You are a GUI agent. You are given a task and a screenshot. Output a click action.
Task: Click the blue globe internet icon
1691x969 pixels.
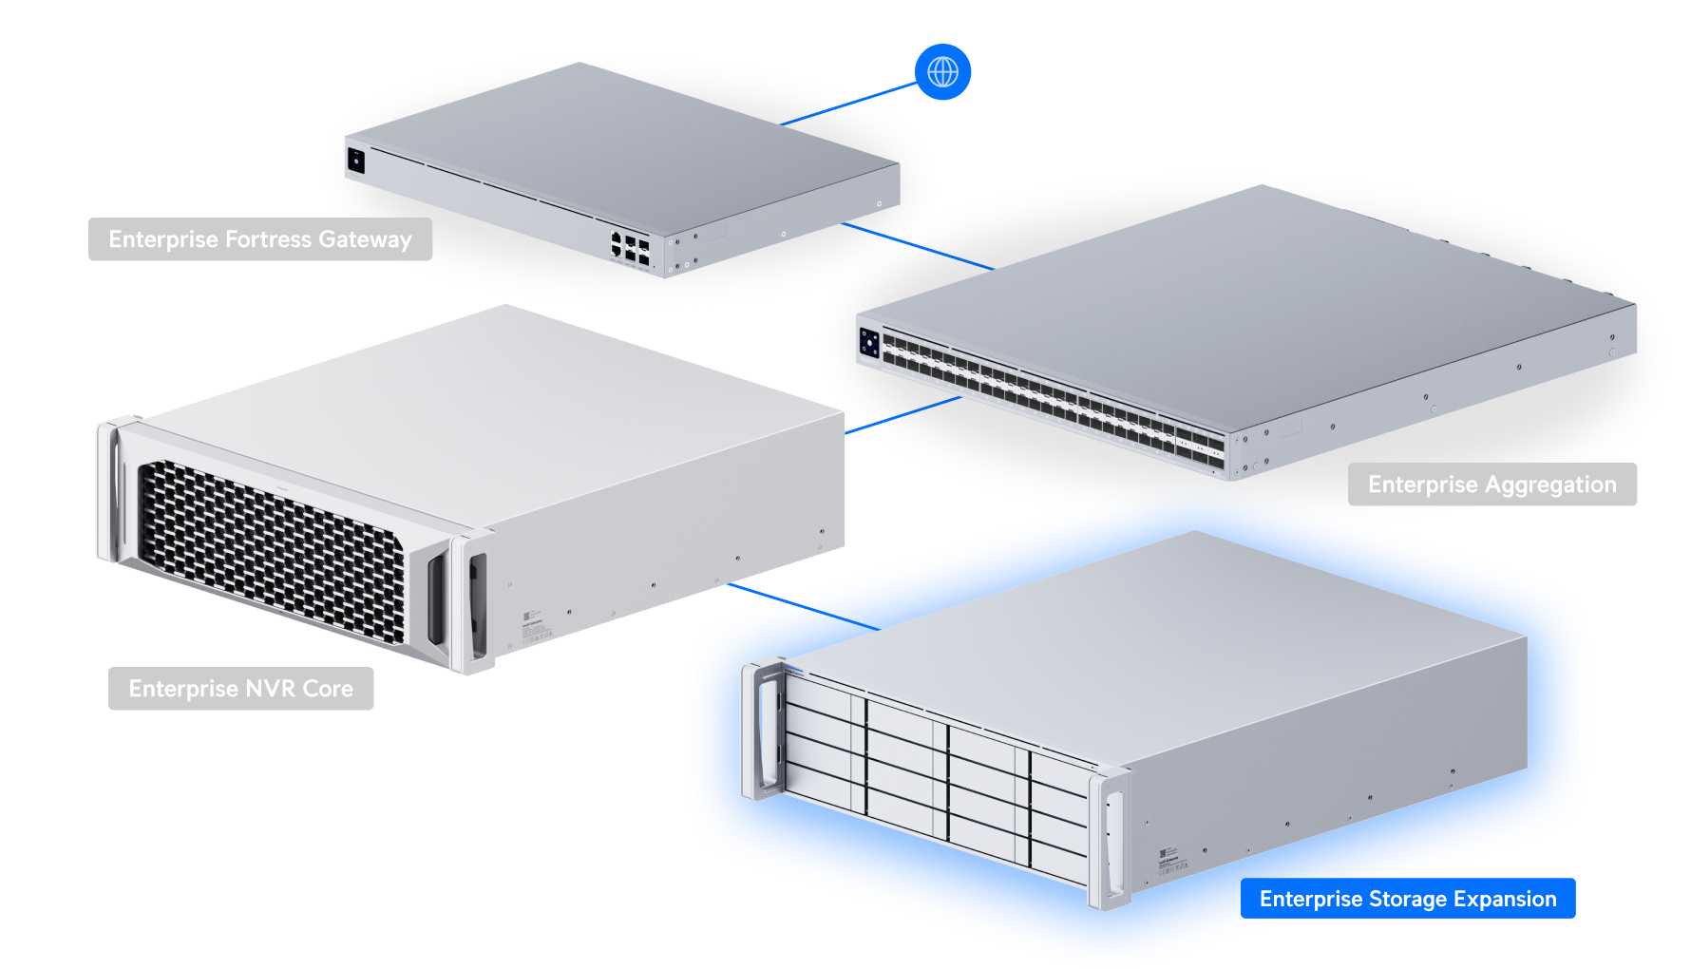pyautogui.click(x=942, y=72)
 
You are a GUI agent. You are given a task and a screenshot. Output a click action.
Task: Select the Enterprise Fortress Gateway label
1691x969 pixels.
pyautogui.click(x=260, y=239)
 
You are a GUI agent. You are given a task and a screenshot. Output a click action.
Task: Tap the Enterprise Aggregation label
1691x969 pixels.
pyautogui.click(x=1491, y=484)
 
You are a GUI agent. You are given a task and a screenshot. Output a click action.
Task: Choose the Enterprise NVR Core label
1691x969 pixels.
pyautogui.click(x=240, y=689)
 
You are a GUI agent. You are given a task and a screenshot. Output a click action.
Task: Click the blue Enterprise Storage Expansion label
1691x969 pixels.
pyautogui.click(x=1408, y=899)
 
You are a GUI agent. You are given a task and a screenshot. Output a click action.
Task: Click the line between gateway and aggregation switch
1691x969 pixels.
pyautogui.click(x=918, y=246)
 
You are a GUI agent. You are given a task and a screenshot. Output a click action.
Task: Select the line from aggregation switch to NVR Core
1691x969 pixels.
pyautogui.click(x=903, y=415)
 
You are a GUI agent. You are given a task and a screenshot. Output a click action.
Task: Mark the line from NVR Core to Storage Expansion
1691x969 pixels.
pyautogui.click(x=804, y=607)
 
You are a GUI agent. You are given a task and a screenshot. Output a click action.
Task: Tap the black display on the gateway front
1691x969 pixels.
pyautogui.click(x=356, y=160)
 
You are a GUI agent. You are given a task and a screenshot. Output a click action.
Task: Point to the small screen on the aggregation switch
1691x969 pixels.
pyautogui.click(x=869, y=343)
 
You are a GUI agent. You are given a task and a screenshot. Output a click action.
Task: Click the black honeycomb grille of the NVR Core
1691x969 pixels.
pyautogui.click(x=271, y=549)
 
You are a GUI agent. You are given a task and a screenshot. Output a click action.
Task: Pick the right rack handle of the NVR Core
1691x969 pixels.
pyautogui.click(x=472, y=603)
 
